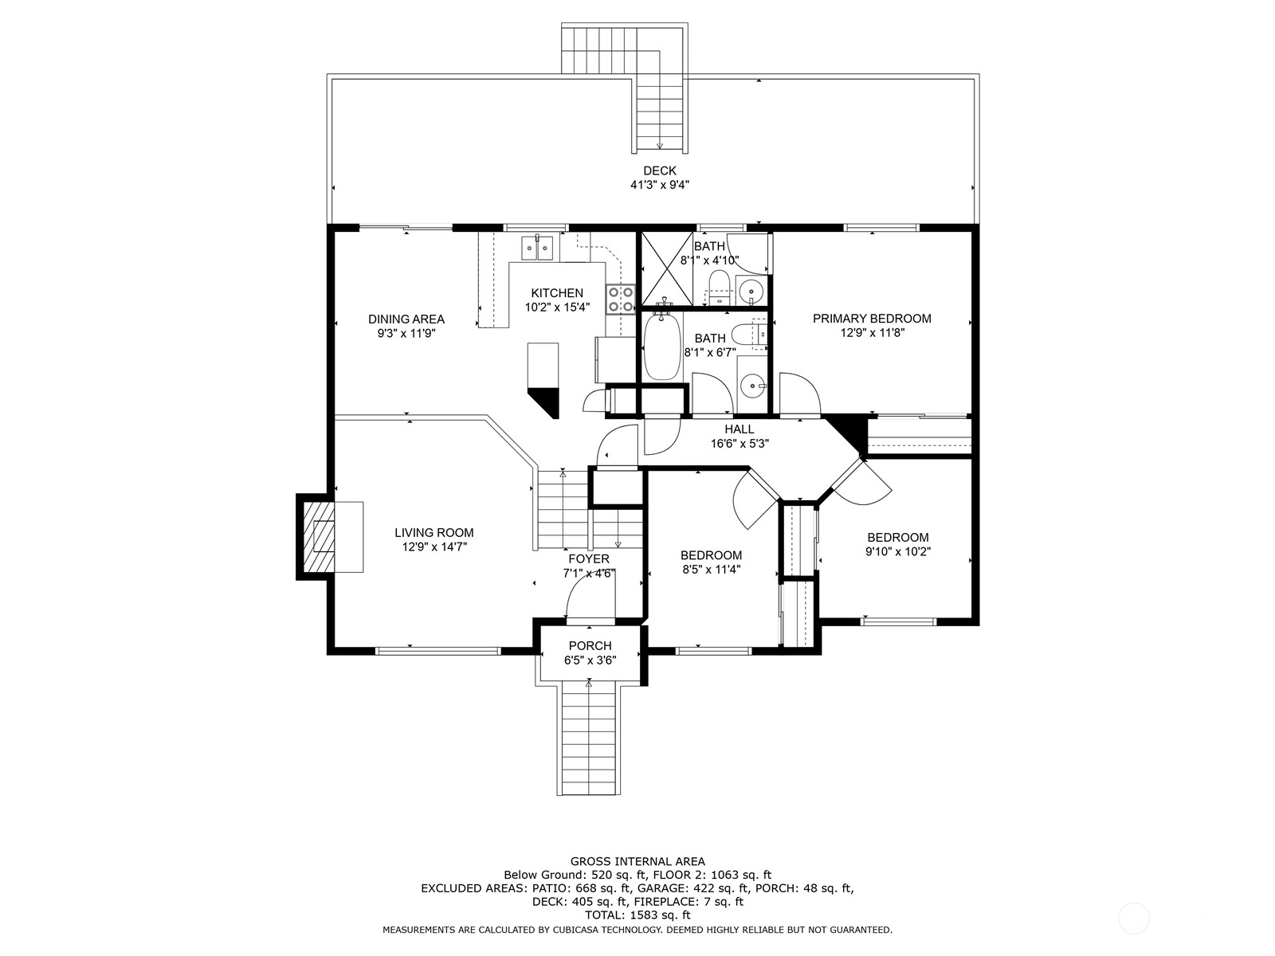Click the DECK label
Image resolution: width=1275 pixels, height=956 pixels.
pyautogui.click(x=659, y=170)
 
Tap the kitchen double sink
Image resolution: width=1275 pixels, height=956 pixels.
pyautogui.click(x=538, y=248)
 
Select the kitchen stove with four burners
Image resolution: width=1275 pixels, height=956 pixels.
pyautogui.click(x=621, y=299)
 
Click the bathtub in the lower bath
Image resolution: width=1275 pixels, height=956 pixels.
pyautogui.click(x=662, y=348)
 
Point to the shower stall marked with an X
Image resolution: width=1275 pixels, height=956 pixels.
pyautogui.click(x=666, y=268)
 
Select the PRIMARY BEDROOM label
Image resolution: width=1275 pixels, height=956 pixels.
pyautogui.click(x=872, y=319)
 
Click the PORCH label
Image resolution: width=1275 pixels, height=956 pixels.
pyautogui.click(x=590, y=645)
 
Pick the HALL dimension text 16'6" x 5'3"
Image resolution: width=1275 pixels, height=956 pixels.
pyautogui.click(x=739, y=444)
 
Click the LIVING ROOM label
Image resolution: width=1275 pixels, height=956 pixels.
pyautogui.click(x=433, y=533)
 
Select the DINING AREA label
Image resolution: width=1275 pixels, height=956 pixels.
pyautogui.click(x=406, y=319)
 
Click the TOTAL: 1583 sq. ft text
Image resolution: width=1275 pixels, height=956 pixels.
pyautogui.click(x=637, y=916)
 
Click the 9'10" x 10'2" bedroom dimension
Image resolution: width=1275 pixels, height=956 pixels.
pyautogui.click(x=898, y=551)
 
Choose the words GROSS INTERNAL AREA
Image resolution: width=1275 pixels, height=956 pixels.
pyautogui.click(x=637, y=861)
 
